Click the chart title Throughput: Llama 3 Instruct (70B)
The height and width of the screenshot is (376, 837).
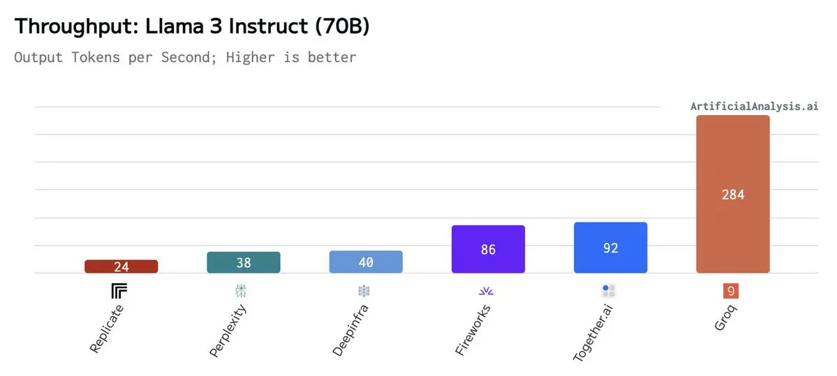pyautogui.click(x=192, y=27)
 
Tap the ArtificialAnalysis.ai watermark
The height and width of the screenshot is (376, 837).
pyautogui.click(x=754, y=106)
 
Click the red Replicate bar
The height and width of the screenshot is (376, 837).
pyautogui.click(x=121, y=266)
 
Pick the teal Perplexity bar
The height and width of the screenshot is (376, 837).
pyautogui.click(x=244, y=262)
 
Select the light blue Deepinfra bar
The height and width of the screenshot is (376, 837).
pyautogui.click(x=366, y=262)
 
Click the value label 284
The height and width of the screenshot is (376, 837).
pyautogui.click(x=732, y=195)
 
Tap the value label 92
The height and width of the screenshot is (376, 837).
pyautogui.click(x=610, y=248)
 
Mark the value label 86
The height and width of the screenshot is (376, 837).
pyautogui.click(x=488, y=249)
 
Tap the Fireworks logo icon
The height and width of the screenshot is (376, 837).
pyautogui.click(x=487, y=291)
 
